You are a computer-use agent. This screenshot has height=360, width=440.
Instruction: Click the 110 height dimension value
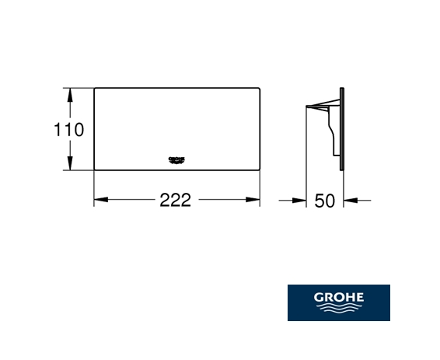pos(68,130)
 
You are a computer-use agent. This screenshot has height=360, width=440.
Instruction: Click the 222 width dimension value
pos(176,200)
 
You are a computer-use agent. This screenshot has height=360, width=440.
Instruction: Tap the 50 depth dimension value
pos(325,201)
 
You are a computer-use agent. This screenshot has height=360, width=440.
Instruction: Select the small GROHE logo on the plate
pos(176,160)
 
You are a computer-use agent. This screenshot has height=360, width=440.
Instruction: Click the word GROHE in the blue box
pos(339,297)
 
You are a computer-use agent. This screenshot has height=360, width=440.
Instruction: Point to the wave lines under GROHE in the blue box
pos(339,307)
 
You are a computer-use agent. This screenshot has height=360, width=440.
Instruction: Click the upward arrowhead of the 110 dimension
pos(70,95)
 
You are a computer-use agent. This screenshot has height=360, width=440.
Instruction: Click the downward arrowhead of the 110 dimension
pos(70,163)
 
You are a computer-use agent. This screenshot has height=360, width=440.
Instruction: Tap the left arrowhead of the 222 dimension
pos(101,200)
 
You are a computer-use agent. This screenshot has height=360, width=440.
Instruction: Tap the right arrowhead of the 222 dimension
pos(253,200)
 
